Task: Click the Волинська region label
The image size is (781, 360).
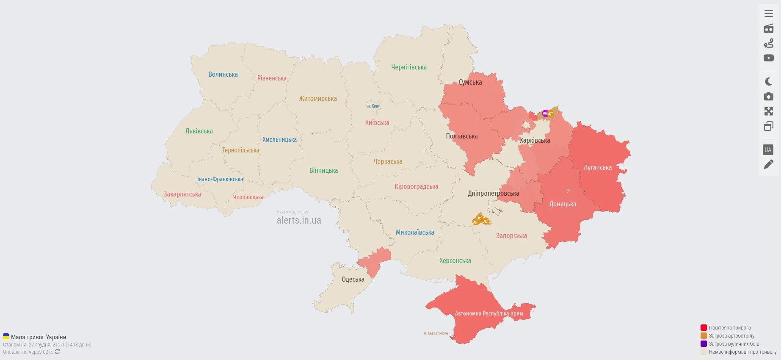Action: [223, 75]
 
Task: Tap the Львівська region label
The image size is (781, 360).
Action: [199, 131]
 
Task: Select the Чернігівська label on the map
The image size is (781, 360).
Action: [408, 67]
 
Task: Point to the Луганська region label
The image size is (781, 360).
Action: [597, 168]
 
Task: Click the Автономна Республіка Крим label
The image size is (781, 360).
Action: [488, 314]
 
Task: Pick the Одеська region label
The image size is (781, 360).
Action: [353, 280]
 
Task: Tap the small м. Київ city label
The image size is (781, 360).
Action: [373, 106]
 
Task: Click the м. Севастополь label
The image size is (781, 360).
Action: [436, 333]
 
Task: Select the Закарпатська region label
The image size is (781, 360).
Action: [182, 194]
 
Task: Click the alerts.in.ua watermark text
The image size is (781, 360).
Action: [299, 221]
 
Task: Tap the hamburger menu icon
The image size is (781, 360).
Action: [769, 14]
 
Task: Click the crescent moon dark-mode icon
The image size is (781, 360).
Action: [769, 82]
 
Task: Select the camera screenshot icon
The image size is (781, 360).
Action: [769, 97]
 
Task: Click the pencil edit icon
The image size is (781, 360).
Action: [769, 164]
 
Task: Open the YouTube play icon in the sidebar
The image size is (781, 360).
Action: [769, 58]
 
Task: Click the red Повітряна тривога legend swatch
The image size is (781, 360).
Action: [704, 328]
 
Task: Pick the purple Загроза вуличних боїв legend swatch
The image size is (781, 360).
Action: [704, 344]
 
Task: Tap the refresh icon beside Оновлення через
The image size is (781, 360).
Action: [57, 352]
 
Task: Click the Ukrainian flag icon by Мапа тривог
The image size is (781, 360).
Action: [6, 337]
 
